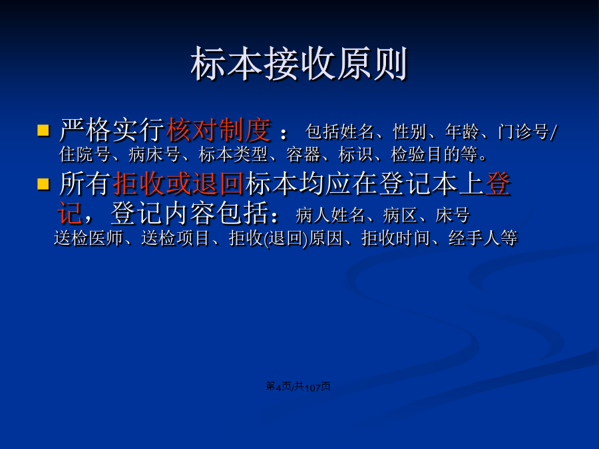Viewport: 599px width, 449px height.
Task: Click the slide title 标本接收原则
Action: tap(299, 63)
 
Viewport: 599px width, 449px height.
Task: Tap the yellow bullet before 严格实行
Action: tap(43, 130)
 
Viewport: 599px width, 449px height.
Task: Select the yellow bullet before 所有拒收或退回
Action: tap(43, 184)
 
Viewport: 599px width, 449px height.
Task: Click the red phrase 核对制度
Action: tap(218, 130)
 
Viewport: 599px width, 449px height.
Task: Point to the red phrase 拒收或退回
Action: tap(178, 184)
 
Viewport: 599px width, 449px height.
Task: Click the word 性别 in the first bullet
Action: tap(409, 132)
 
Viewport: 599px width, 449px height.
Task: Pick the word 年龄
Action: tap(461, 132)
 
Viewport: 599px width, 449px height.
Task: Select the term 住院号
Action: tap(85, 154)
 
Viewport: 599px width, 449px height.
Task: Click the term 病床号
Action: tap(154, 154)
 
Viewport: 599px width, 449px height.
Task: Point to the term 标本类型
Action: tap(233, 154)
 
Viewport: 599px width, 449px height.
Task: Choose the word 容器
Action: tap(303, 154)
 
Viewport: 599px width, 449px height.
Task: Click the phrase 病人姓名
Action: tap(329, 216)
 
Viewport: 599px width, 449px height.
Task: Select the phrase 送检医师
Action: tap(89, 238)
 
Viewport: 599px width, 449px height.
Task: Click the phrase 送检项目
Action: tap(176, 238)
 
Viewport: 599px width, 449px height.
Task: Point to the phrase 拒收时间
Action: tap(396, 238)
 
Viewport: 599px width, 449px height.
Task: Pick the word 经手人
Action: tap(474, 238)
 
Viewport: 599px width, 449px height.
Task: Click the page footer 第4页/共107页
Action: tap(298, 386)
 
